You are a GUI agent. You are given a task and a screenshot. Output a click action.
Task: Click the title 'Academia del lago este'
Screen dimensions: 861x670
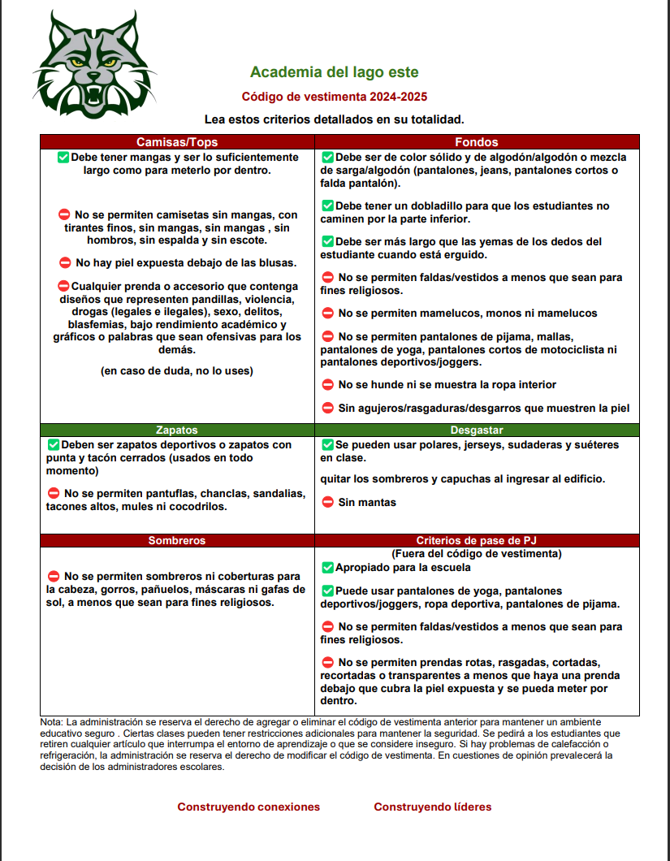[334, 73]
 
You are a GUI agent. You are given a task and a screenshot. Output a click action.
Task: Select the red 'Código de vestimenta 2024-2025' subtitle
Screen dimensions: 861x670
[334, 97]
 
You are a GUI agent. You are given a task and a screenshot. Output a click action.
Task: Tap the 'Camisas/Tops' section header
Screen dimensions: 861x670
[177, 142]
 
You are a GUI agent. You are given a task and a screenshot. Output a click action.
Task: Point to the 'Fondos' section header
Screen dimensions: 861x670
[477, 142]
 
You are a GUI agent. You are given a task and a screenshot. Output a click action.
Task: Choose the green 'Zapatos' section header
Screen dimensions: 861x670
[177, 430]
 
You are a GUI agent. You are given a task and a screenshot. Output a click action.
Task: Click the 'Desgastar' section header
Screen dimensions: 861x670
[477, 430]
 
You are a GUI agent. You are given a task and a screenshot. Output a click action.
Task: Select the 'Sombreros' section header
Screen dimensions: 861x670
[177, 540]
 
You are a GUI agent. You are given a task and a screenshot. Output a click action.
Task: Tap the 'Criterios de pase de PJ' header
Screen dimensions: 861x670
[477, 540]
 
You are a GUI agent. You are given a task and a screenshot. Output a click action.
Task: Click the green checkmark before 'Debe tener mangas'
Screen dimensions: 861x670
[63, 157]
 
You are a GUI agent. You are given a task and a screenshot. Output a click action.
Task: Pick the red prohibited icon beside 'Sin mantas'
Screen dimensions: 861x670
[328, 503]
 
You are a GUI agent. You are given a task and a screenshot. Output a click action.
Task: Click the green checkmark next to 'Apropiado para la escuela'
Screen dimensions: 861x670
[327, 568]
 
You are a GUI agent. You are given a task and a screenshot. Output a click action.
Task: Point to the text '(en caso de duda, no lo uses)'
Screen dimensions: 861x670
[177, 371]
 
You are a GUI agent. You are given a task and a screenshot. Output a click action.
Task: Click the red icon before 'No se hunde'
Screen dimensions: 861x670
[328, 385]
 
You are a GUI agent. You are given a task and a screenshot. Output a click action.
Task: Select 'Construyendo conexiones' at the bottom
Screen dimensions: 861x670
[249, 807]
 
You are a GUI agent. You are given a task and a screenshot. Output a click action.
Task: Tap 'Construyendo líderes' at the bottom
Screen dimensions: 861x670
[432, 807]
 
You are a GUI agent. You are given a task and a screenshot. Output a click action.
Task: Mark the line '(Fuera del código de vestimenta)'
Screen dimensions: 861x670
[477, 554]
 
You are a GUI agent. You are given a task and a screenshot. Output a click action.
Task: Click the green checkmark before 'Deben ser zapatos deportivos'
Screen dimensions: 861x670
[54, 445]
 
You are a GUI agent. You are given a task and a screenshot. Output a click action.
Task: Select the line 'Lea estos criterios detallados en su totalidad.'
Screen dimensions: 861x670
[334, 119]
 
